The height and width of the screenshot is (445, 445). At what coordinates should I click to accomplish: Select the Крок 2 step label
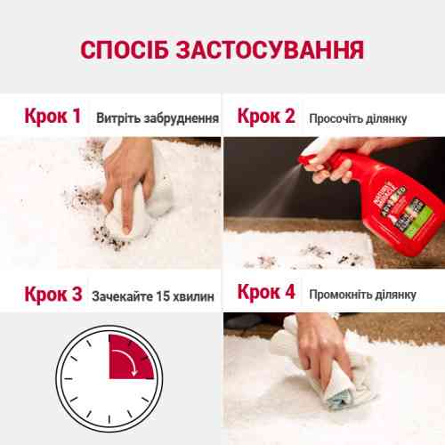click(265, 116)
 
